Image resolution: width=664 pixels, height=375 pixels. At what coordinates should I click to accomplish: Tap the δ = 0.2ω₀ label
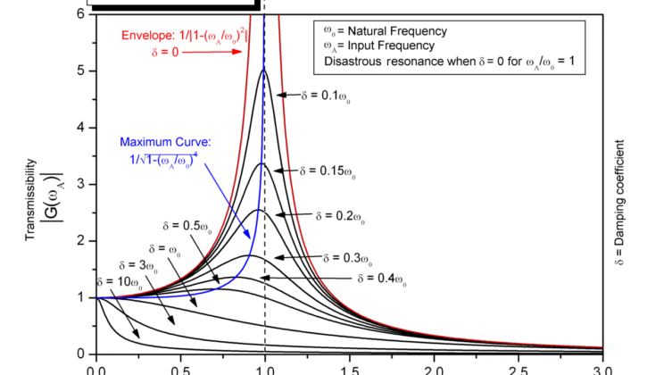click(340, 215)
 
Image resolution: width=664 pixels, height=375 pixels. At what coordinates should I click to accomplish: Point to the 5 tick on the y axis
click(80, 71)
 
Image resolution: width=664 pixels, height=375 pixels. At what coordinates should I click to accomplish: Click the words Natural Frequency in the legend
click(423, 31)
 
